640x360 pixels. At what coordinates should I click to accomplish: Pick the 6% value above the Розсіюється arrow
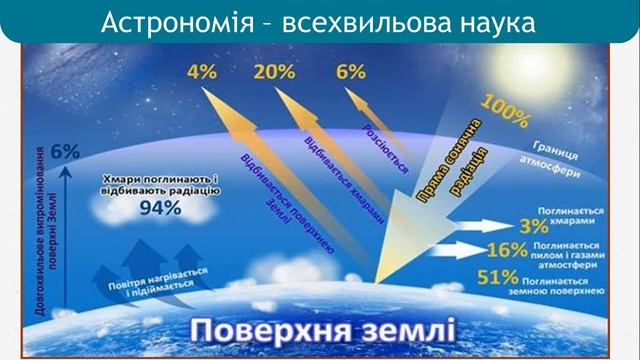(351, 72)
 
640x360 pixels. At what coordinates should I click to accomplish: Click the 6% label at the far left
(65, 152)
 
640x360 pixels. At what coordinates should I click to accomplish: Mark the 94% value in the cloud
(160, 208)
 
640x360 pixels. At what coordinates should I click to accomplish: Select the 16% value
(503, 251)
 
